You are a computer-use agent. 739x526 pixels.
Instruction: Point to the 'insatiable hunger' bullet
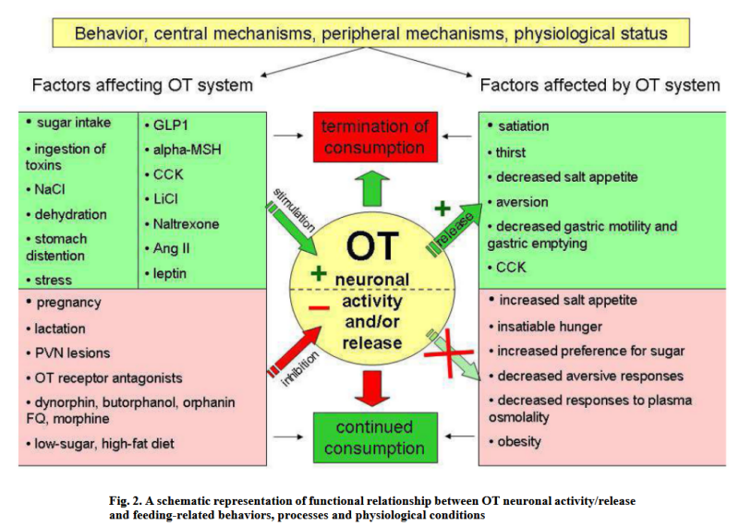click(x=550, y=325)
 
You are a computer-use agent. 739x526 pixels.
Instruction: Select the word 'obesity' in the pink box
click(x=519, y=441)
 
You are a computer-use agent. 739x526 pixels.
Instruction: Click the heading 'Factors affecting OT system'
click(x=142, y=86)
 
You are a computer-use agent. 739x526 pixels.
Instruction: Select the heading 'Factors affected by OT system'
click(x=600, y=86)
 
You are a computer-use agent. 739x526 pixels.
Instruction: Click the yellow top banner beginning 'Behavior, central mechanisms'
click(x=370, y=34)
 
